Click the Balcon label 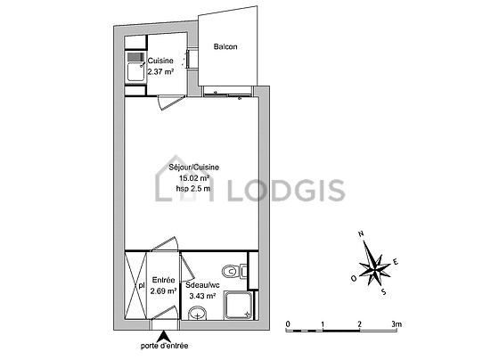pyautogui.click(x=225, y=47)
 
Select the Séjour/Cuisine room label pyautogui.click(x=194, y=168)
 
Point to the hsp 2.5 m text pyautogui.click(x=193, y=188)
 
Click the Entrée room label pyautogui.click(x=164, y=280)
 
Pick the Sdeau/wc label pyautogui.click(x=203, y=285)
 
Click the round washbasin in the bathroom pyautogui.click(x=197, y=313)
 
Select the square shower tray pyautogui.click(x=239, y=305)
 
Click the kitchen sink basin pyautogui.click(x=135, y=71)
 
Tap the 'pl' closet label pyautogui.click(x=142, y=286)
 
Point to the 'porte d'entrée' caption pyautogui.click(x=165, y=346)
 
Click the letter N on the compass pyautogui.click(x=361, y=234)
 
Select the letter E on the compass pyautogui.click(x=396, y=262)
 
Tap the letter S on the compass pyautogui.click(x=384, y=291)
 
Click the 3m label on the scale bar pyautogui.click(x=397, y=324)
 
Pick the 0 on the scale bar pyautogui.click(x=288, y=324)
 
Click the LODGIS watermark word pyautogui.click(x=286, y=191)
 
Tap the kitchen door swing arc pyautogui.click(x=170, y=102)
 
